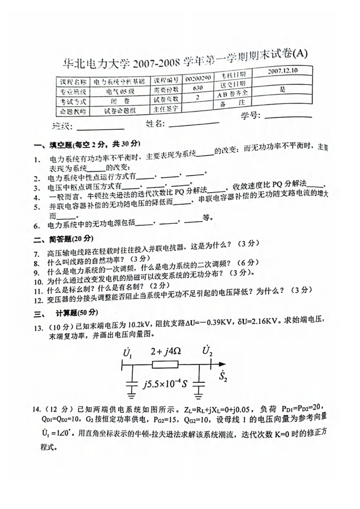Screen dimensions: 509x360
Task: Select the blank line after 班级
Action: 100,128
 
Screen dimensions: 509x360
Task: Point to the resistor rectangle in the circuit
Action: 165,365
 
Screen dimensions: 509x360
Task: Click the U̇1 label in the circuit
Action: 127,353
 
